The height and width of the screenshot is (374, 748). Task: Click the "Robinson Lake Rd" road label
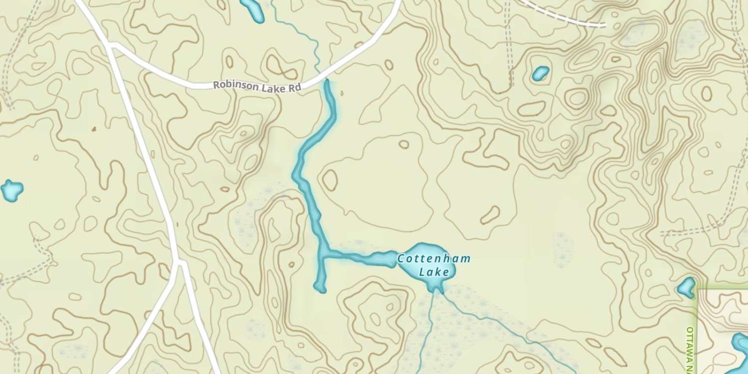pyautogui.click(x=257, y=86)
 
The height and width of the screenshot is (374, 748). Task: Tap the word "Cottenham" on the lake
pyautogui.click(x=434, y=259)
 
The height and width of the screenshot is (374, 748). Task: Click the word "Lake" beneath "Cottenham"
pyautogui.click(x=434, y=272)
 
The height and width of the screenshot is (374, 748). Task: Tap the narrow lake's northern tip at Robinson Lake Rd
pyautogui.click(x=328, y=82)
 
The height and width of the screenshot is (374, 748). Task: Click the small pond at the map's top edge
pyautogui.click(x=252, y=10)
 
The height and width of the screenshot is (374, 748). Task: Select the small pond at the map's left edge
pyautogui.click(x=11, y=190)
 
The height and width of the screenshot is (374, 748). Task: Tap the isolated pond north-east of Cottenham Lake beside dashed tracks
pyautogui.click(x=540, y=73)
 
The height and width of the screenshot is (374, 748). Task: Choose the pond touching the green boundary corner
pyautogui.click(x=686, y=287)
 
